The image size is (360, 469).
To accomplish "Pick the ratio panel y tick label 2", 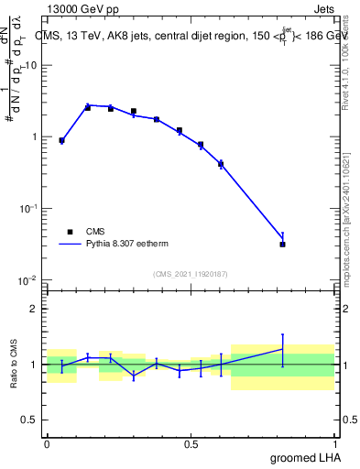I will tap(34, 309).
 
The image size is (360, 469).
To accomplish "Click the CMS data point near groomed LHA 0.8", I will tap(282, 245).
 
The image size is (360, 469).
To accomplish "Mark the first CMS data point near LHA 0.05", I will tap(61, 141).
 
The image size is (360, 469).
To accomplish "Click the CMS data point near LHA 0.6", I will tap(221, 164).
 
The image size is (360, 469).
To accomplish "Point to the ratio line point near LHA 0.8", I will tap(282, 348).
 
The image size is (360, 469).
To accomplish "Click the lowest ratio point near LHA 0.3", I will tap(134, 376).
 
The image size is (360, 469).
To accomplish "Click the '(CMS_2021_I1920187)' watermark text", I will tap(190, 274).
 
